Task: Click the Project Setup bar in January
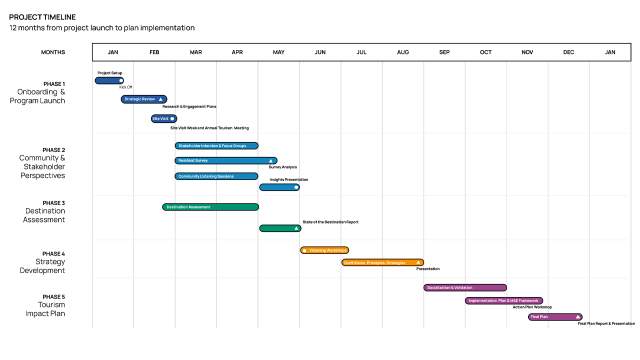pyautogui.click(x=108, y=80)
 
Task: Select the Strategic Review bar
pyautogui.click(x=144, y=99)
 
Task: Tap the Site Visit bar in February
pyautogui.click(x=163, y=119)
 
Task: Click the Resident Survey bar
pyautogui.click(x=225, y=160)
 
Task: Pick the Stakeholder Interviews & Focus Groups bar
pyautogui.click(x=216, y=146)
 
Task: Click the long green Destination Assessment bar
pyautogui.click(x=210, y=207)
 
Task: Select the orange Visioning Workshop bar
pyautogui.click(x=325, y=250)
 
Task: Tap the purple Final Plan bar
pyautogui.click(x=555, y=316)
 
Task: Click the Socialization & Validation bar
pyautogui.click(x=465, y=287)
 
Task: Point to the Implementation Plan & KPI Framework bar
pyautogui.click(x=509, y=300)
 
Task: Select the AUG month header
pyautogui.click(x=402, y=51)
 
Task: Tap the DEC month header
pyautogui.click(x=568, y=51)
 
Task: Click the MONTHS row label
pyautogui.click(x=54, y=51)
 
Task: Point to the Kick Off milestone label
pyautogui.click(x=126, y=87)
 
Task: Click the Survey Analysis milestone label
pyautogui.click(x=283, y=167)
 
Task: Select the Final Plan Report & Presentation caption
pyautogui.click(x=606, y=323)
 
